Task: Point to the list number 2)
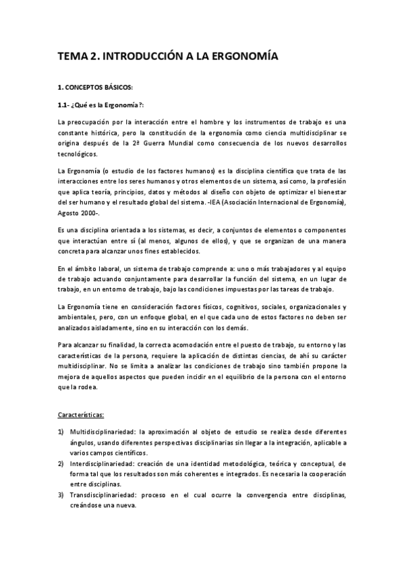(61, 463)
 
